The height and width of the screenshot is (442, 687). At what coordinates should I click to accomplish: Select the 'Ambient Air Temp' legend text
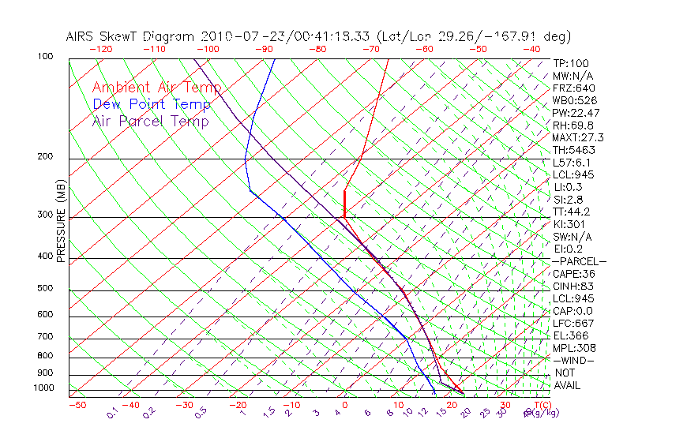[x=156, y=88]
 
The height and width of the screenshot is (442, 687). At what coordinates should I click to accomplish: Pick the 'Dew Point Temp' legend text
[x=152, y=104]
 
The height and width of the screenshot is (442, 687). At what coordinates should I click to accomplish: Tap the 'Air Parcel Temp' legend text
[x=151, y=121]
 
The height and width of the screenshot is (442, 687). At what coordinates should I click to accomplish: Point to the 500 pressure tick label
[x=45, y=289]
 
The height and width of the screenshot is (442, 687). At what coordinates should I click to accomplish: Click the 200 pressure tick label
[x=45, y=157]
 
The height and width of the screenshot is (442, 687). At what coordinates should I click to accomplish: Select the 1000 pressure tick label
[x=43, y=388]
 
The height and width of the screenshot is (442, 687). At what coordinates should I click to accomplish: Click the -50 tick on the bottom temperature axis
[x=77, y=405]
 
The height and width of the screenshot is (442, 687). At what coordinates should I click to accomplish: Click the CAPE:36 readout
[x=573, y=274]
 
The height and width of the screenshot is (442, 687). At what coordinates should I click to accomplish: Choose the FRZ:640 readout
[x=574, y=88]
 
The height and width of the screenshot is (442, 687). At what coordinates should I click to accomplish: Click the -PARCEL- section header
[x=579, y=261]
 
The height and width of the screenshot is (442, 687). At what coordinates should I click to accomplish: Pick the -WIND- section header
[x=573, y=360]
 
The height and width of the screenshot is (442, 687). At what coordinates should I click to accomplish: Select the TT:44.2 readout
[x=572, y=212]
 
